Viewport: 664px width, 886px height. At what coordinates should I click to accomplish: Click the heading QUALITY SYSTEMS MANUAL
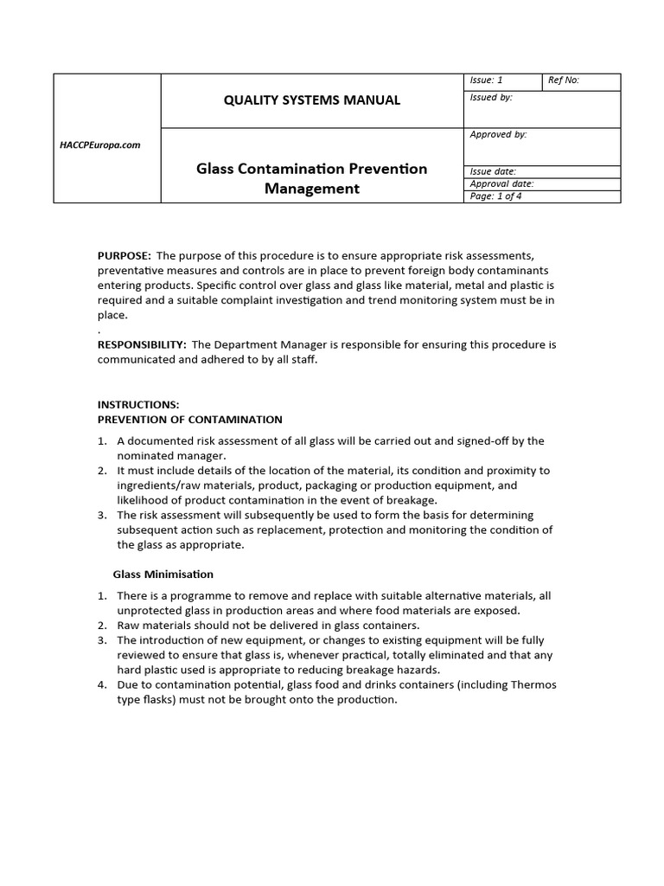click(312, 100)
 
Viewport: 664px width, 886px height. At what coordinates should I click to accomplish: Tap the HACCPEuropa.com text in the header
click(99, 144)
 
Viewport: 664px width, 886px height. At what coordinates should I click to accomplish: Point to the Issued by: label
click(490, 98)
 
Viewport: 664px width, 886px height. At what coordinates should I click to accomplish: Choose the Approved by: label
click(498, 135)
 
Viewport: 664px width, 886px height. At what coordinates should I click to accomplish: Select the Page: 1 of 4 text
click(495, 196)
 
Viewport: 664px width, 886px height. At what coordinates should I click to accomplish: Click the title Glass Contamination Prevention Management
click(312, 178)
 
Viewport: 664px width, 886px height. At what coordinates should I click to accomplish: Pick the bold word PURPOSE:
click(124, 255)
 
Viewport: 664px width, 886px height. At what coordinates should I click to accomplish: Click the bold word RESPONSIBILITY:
click(142, 344)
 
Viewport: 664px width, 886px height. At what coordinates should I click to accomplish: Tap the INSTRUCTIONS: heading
click(138, 404)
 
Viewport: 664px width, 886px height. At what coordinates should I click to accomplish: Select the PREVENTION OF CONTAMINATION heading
click(189, 420)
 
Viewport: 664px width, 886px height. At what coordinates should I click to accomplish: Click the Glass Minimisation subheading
click(163, 574)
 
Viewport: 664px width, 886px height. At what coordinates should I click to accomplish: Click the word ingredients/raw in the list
click(158, 485)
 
